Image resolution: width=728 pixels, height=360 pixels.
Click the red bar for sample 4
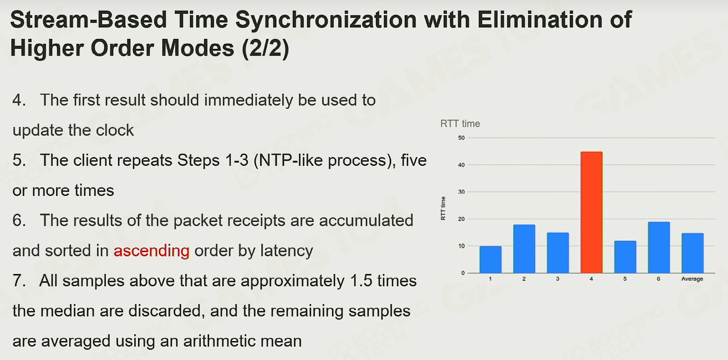(592, 212)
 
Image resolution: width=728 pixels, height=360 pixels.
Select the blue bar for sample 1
(491, 260)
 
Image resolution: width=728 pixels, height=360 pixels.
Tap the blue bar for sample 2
(524, 249)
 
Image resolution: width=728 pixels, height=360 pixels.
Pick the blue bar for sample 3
(558, 253)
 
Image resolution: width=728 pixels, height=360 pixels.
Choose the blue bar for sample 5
(625, 257)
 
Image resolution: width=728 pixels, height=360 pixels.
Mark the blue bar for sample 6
(659, 247)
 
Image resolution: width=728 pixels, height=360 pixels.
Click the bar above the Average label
(693, 253)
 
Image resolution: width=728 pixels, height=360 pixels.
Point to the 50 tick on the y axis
(461, 138)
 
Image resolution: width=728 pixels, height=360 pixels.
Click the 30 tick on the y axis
(461, 192)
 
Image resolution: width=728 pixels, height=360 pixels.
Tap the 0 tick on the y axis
(463, 273)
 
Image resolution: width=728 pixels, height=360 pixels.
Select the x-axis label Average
(693, 278)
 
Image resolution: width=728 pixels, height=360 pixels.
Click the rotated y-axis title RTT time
(443, 208)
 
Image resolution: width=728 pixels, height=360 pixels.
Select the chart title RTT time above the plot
(460, 124)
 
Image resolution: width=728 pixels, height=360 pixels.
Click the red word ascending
(151, 251)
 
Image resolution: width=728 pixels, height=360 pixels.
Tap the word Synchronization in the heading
(326, 19)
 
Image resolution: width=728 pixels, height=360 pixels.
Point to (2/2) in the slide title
(265, 48)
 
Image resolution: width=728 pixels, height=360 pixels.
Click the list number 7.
(19, 281)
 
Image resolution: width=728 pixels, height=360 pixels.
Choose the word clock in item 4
(115, 130)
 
